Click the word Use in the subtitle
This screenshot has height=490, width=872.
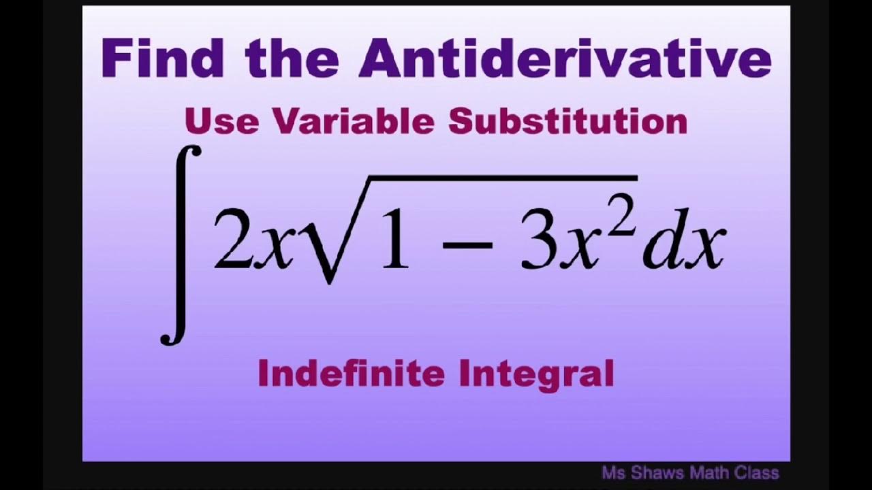[x=221, y=122]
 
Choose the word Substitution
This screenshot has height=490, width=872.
[x=567, y=122]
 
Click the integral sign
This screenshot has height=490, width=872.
[x=181, y=245]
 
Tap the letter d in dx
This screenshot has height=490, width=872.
[x=661, y=242]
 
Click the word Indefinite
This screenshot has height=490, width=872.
[x=352, y=374]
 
